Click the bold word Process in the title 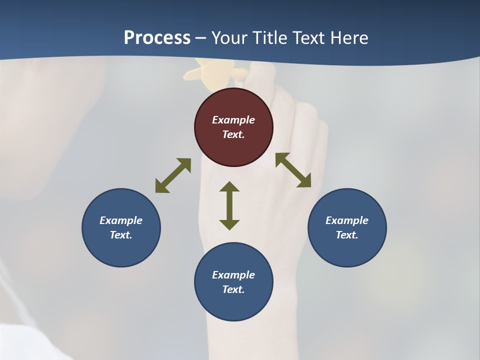(157, 38)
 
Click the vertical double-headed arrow (229, 205)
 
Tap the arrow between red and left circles (173, 175)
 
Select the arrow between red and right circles (293, 170)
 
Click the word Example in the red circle (233, 120)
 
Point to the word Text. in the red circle (233, 134)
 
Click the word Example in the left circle (121, 220)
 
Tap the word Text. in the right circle (347, 235)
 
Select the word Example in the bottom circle (233, 275)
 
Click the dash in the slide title (200, 38)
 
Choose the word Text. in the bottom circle (233, 289)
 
